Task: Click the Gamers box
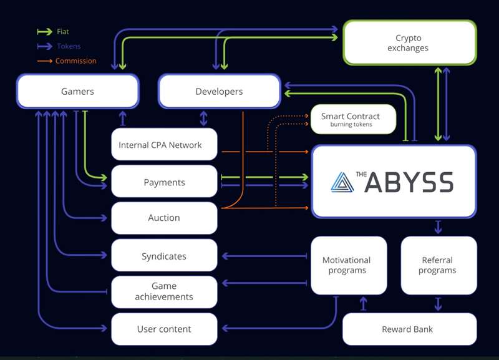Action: click(77, 91)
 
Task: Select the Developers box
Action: click(219, 91)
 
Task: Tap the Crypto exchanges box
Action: click(409, 42)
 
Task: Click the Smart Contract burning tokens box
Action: click(353, 119)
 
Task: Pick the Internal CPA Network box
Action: click(164, 145)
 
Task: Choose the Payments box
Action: click(164, 182)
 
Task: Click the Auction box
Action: click(164, 218)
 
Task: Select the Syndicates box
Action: click(164, 256)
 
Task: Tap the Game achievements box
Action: click(164, 291)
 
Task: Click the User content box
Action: click(164, 329)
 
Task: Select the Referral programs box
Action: click(438, 265)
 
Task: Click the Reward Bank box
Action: click(409, 329)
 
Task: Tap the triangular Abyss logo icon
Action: click(342, 182)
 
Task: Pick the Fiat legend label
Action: click(62, 31)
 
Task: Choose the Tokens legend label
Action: click(67, 46)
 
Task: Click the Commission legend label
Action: click(75, 61)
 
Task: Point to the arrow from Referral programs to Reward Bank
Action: click(438, 304)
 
